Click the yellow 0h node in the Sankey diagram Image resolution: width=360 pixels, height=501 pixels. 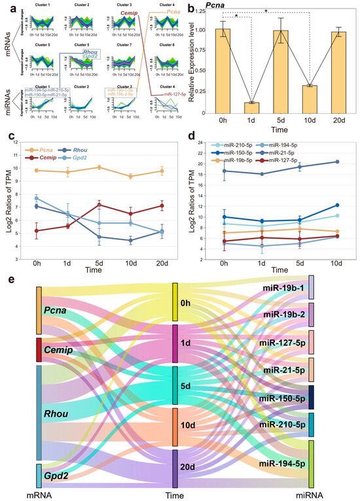[x=175, y=302]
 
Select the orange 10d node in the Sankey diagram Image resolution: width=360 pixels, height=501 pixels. [x=175, y=427]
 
